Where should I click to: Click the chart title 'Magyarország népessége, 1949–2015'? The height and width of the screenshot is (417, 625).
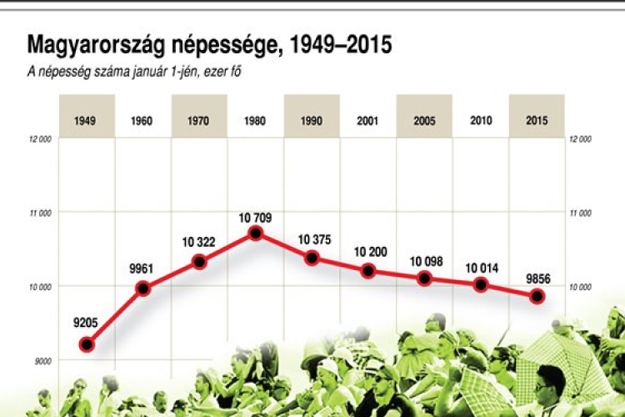pos(209,44)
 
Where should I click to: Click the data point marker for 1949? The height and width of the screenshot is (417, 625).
pos(87,344)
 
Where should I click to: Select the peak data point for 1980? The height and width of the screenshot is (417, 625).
pos(256,233)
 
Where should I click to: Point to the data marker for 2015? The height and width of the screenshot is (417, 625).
pos(537,296)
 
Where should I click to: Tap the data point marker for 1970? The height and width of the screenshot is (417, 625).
pos(199,261)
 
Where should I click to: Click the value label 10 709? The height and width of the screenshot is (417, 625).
pos(255,217)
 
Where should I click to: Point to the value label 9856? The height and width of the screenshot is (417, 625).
pos(537,279)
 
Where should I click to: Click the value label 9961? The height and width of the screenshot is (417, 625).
pos(142,269)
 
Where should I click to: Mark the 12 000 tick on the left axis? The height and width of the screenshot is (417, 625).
pos(40,139)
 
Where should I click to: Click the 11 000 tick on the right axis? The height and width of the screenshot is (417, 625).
pos(580,213)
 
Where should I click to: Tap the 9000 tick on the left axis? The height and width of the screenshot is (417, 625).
pos(42,360)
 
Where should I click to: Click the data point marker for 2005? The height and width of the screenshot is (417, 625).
pos(425,279)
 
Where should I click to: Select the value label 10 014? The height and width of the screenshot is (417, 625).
pos(481,268)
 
